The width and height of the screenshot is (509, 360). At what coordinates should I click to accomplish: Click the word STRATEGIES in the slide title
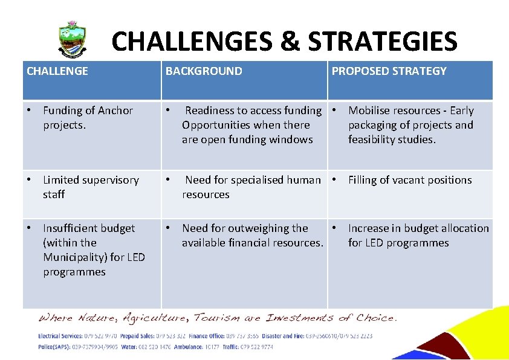click(x=382, y=42)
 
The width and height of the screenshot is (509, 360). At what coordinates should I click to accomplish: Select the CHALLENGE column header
click(x=57, y=71)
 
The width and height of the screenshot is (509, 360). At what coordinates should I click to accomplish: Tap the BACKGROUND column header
click(x=204, y=71)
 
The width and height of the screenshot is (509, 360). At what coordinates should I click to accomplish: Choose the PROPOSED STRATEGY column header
click(x=389, y=71)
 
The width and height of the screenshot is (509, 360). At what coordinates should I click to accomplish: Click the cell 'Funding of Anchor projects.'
click(x=88, y=118)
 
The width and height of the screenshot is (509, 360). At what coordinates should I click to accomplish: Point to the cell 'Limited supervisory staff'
click(x=91, y=187)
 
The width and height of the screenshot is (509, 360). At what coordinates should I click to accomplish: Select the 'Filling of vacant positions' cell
click(x=409, y=180)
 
